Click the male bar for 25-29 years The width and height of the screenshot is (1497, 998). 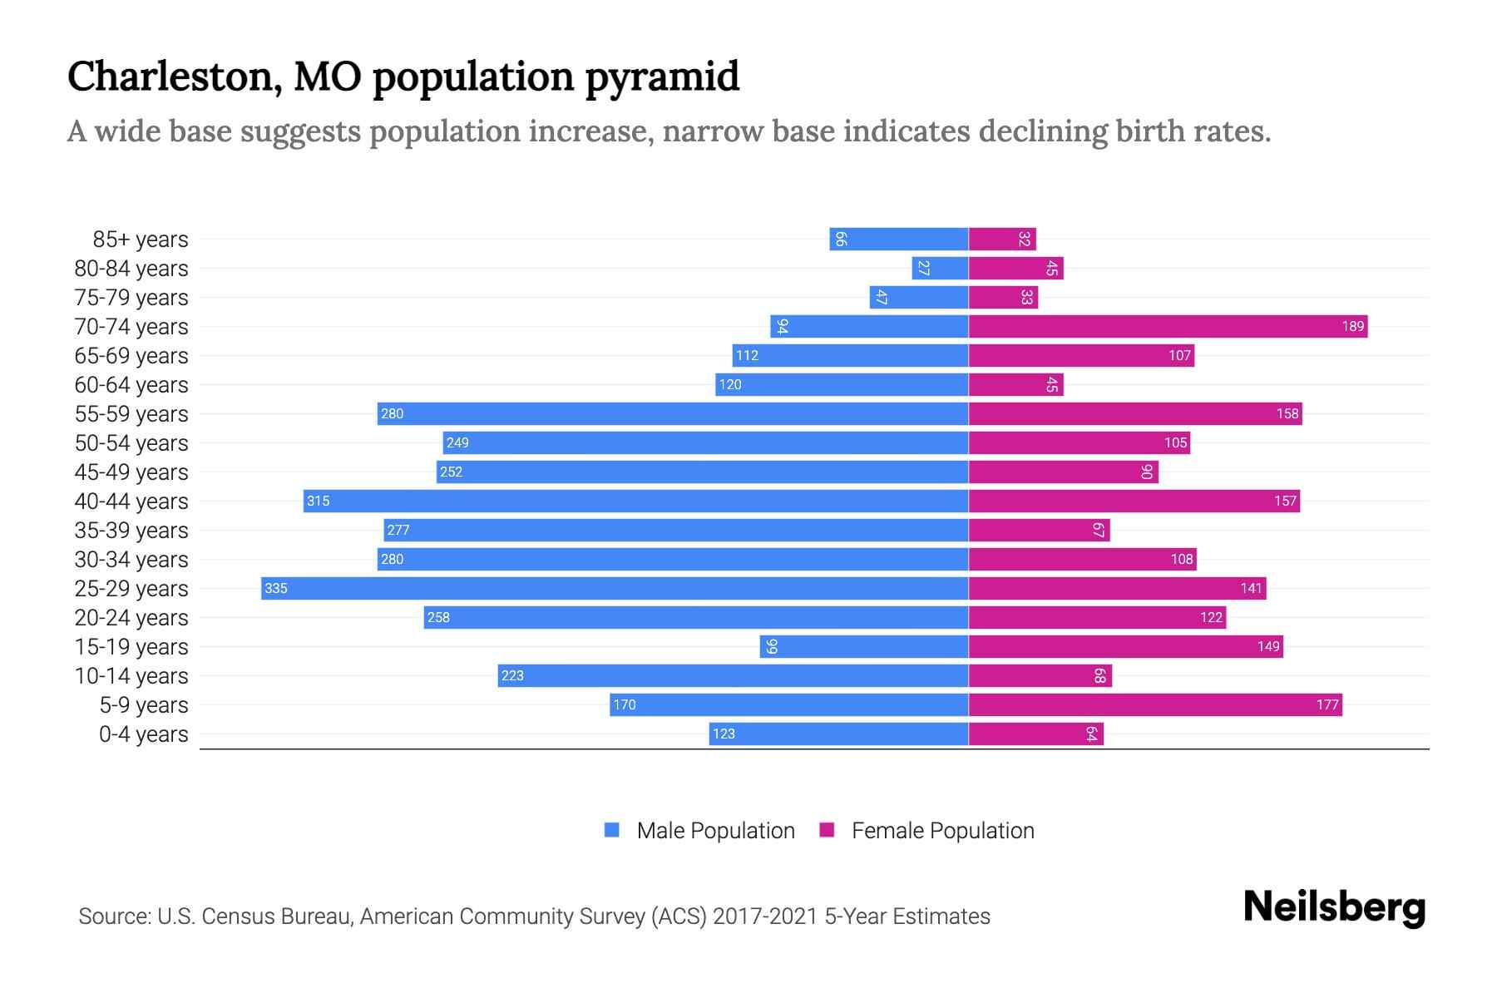pos(615,588)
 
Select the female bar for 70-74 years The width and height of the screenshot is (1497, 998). pos(1168,326)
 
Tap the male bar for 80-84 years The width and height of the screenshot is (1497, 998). pos(940,268)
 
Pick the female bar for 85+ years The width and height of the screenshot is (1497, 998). pos(1002,239)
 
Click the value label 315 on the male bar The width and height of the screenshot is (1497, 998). pos(318,501)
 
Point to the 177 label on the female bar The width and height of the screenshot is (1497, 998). pos(1327,704)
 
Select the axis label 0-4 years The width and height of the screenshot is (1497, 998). pos(143,734)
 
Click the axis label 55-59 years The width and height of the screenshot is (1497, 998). pos(131,413)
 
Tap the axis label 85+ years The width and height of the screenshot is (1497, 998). pos(141,239)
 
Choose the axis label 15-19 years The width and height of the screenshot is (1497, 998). pos(131,646)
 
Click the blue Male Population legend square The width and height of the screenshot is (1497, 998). pos(612,830)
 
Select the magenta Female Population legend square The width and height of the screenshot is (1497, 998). pos(827,830)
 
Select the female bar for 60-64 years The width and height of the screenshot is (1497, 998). pos(1015,384)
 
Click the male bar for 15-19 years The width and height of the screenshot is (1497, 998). pos(863,646)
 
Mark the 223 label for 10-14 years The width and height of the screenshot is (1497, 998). pos(512,675)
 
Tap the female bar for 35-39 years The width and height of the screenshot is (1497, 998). pos(1039,530)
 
